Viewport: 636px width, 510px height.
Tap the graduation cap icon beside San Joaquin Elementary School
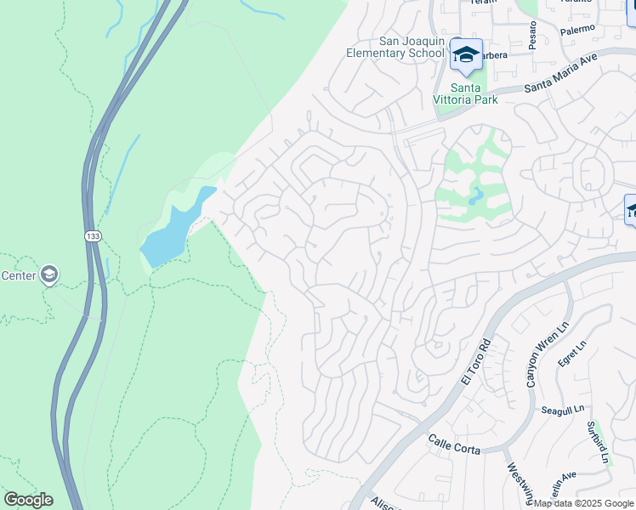(465, 54)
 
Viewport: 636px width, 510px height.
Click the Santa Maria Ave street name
(560, 74)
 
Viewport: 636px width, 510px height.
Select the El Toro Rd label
(474, 363)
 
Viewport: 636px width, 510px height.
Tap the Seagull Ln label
(562, 410)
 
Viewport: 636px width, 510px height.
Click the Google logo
(28, 499)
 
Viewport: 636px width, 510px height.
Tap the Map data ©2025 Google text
(583, 503)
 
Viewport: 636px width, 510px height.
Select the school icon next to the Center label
(49, 274)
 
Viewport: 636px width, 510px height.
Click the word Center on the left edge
(17, 275)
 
